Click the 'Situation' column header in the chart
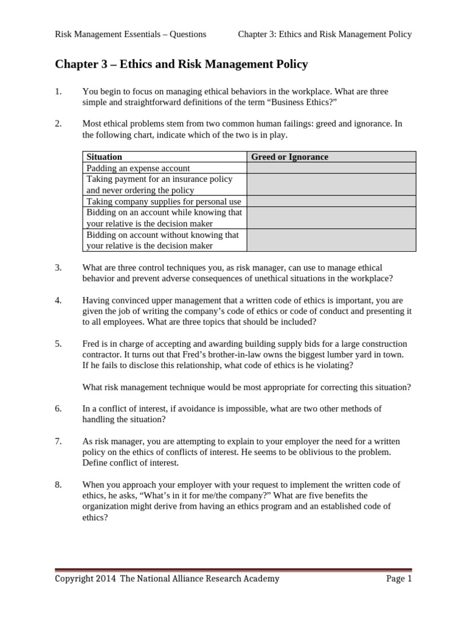(x=105, y=157)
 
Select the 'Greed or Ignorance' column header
(x=289, y=157)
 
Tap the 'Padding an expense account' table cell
(x=138, y=168)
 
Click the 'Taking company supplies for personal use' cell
(x=164, y=201)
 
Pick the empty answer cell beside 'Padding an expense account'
(x=331, y=168)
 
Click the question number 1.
(x=58, y=92)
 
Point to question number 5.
(x=58, y=344)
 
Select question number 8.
(x=58, y=484)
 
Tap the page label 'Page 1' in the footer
(x=399, y=579)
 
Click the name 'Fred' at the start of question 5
(x=91, y=344)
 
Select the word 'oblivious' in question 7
(x=327, y=451)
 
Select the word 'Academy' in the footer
(x=261, y=579)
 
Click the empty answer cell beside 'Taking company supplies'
(x=331, y=201)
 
